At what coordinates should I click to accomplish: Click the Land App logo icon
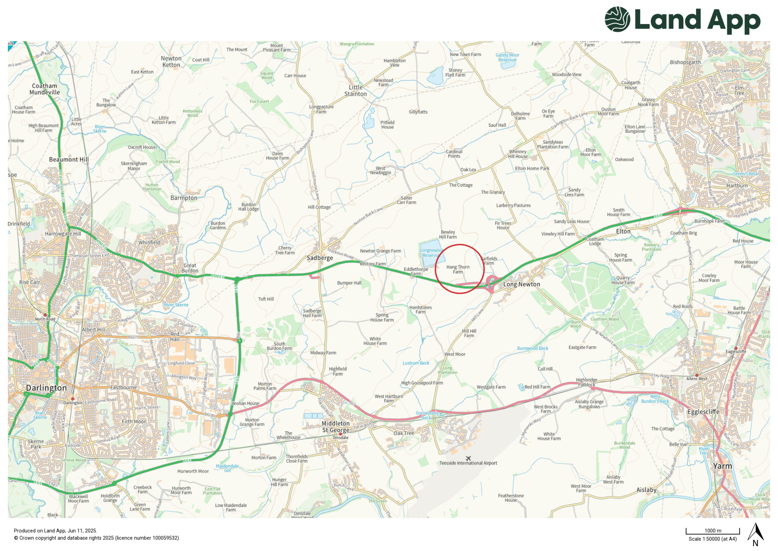tap(617, 19)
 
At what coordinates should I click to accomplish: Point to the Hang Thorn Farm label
tap(458, 269)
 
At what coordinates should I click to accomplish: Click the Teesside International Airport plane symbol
tap(468, 458)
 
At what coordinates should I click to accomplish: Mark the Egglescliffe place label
tap(703, 412)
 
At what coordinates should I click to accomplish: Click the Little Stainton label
tap(356, 91)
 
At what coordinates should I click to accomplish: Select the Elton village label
tap(623, 231)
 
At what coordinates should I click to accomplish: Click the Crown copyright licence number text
tap(96, 538)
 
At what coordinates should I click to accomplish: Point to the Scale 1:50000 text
tap(712, 539)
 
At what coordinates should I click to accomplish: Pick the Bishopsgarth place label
tap(685, 62)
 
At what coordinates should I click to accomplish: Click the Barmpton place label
tap(184, 198)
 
